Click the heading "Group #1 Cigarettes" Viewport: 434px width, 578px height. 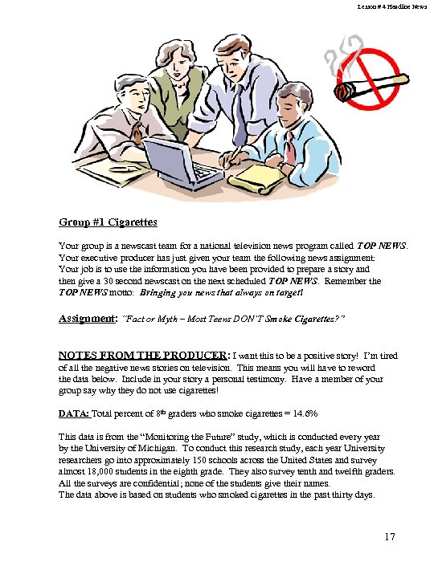[x=108, y=222]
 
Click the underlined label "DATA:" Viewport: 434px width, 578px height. [x=74, y=413]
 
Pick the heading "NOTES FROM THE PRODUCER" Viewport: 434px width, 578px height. [x=143, y=355]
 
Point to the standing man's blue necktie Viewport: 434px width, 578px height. [x=240, y=112]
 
